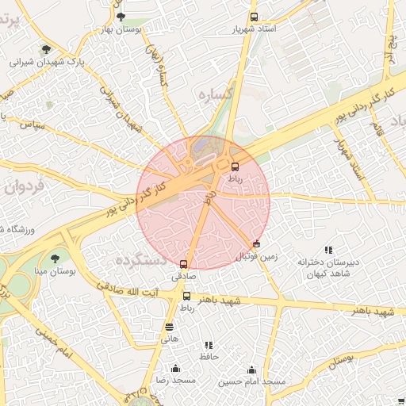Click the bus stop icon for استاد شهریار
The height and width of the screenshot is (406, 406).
point(254,17)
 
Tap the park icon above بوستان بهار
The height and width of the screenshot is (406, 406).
point(121,17)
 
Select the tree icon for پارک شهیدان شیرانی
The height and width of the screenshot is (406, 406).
point(45,49)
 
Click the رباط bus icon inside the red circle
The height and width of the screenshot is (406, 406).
point(235,167)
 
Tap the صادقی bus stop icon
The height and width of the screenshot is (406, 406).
point(184,264)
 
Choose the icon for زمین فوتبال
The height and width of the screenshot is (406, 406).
point(256,244)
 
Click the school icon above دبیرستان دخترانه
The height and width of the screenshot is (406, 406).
point(328,251)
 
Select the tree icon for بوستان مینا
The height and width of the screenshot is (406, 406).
point(55,259)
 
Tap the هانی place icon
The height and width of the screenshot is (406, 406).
point(169,326)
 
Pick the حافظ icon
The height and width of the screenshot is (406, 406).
point(209,346)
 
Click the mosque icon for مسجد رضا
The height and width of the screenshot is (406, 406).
point(175,369)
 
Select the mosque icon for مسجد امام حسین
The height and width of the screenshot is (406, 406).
point(252,370)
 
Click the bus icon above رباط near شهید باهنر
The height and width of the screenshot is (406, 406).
point(187,296)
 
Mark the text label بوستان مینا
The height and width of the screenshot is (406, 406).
point(54,272)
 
